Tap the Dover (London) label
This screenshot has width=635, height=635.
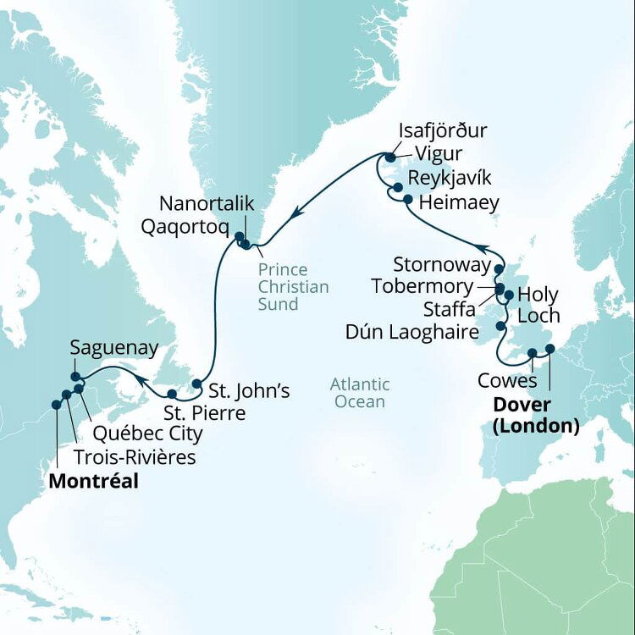coord(536,416)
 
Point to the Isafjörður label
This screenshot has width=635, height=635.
coord(448,132)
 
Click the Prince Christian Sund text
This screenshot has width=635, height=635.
coord(294,287)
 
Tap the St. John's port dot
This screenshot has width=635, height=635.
coord(196,384)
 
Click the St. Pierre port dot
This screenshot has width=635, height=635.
coord(172,394)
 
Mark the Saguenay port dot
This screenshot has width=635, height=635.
coord(75,377)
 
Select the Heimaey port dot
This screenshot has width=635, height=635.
coord(408,200)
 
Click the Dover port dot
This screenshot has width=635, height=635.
coord(549,349)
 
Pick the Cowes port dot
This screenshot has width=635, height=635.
coord(532,353)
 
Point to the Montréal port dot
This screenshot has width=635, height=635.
coord(56,405)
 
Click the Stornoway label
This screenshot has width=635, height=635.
coord(443,265)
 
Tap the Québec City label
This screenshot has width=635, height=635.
coord(147,434)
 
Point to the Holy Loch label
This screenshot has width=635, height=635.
coord(538,305)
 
